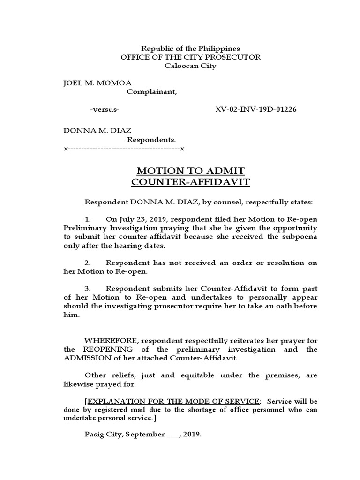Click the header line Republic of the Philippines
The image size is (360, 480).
pyautogui.click(x=191, y=48)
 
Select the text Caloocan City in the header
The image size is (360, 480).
pyautogui.click(x=190, y=66)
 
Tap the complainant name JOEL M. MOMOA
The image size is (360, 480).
pyautogui.click(x=97, y=83)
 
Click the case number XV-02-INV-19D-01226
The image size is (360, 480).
pyautogui.click(x=255, y=110)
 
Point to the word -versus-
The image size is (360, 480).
pyautogui.click(x=104, y=110)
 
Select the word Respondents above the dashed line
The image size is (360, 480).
pyautogui.click(x=152, y=140)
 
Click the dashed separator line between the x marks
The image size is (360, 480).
pyautogui.click(x=124, y=149)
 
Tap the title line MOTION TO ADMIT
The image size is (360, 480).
pyautogui.click(x=190, y=171)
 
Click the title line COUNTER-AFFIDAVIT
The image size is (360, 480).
pyautogui.click(x=190, y=182)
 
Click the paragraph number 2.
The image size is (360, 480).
pyautogui.click(x=88, y=262)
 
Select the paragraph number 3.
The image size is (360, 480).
pyautogui.click(x=88, y=289)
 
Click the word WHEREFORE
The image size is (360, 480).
pyautogui.click(x=111, y=340)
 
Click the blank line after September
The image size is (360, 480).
pyautogui.click(x=173, y=435)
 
